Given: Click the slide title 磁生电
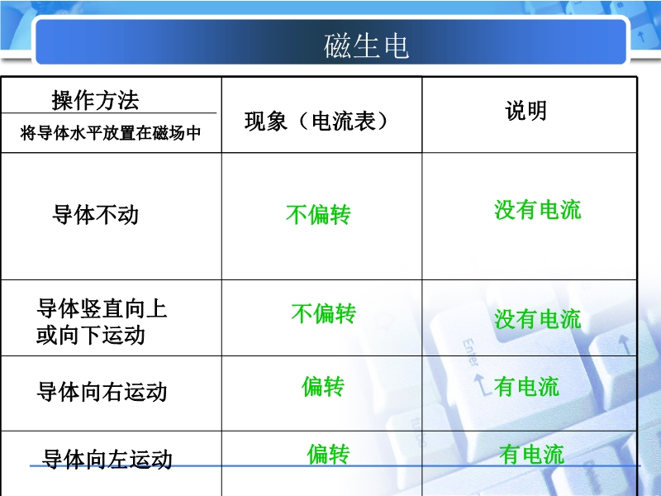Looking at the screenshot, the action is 366,45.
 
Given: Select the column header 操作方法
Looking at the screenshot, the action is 95,100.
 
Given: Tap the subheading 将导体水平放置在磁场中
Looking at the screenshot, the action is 111,133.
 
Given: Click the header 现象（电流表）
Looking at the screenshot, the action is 316,121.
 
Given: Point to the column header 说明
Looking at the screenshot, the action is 526,111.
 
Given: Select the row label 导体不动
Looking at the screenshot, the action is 96,214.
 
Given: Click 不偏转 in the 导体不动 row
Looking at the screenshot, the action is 318,214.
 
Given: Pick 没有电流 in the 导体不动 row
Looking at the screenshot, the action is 538,210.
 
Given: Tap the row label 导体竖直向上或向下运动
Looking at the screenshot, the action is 102,322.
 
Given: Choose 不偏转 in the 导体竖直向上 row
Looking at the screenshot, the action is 324,313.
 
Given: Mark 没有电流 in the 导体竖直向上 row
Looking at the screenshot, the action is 538,319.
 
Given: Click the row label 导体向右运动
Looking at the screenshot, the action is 102,391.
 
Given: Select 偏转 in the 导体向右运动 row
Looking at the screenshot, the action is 323,386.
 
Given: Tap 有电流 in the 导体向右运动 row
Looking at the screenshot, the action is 526,387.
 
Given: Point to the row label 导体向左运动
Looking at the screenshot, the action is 107,459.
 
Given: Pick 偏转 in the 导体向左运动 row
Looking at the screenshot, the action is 328,454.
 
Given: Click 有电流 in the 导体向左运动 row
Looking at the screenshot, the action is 531,455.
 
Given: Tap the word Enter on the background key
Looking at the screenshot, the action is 470,353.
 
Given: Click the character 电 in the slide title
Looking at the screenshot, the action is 397,45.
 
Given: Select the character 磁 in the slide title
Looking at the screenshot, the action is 336,45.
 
